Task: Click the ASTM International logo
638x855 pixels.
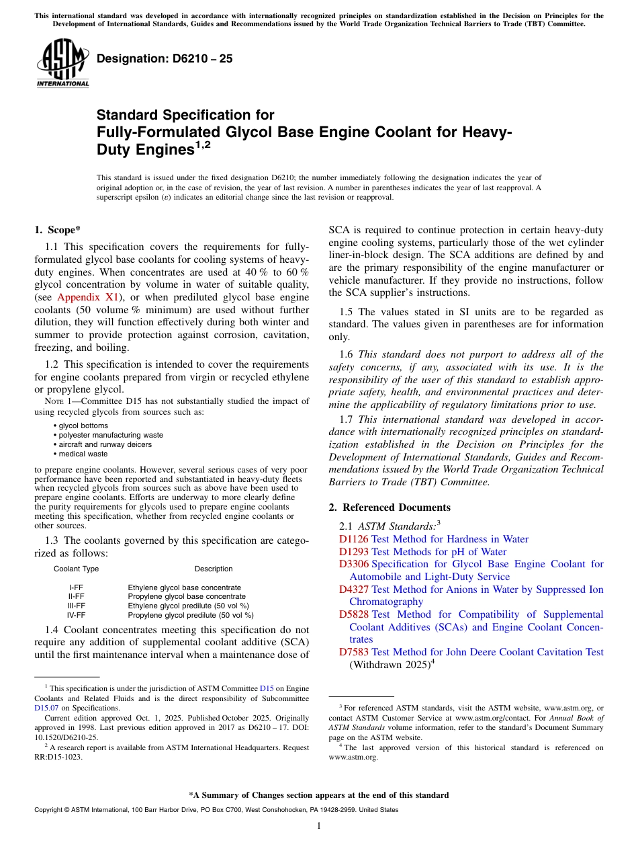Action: click(x=62, y=64)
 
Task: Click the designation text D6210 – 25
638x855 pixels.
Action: click(x=165, y=58)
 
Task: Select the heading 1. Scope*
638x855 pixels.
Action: click(x=58, y=229)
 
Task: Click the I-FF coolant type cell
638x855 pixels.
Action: click(x=76, y=587)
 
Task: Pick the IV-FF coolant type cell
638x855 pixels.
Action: click(x=76, y=614)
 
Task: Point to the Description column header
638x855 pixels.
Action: click(x=214, y=569)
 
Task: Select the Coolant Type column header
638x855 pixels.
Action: click(x=76, y=569)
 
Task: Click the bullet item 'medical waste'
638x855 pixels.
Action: click(x=83, y=454)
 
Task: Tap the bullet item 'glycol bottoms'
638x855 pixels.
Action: click(x=83, y=425)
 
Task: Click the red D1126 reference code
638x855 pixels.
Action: click(x=353, y=539)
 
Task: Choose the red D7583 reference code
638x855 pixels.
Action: click(x=353, y=652)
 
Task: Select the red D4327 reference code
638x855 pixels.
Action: click(x=353, y=589)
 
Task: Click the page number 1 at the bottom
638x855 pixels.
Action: click(x=319, y=826)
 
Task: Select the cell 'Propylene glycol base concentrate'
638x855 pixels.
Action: click(x=187, y=596)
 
